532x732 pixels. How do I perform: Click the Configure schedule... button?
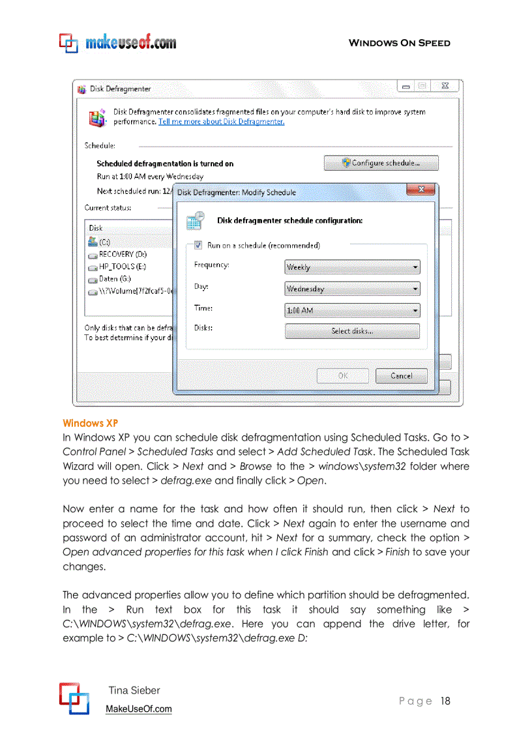(x=381, y=163)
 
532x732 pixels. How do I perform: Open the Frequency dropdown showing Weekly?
(x=352, y=267)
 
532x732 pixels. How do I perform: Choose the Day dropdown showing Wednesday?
(x=352, y=289)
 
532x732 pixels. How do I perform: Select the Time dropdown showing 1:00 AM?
(x=352, y=311)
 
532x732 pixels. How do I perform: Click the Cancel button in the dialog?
(x=401, y=376)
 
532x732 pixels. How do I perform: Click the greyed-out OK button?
(x=343, y=376)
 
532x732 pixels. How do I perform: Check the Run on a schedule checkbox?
(x=198, y=246)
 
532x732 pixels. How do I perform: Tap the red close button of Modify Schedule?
(x=421, y=190)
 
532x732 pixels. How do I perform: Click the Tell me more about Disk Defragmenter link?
(x=221, y=121)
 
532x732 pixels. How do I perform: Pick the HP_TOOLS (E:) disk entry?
(x=117, y=267)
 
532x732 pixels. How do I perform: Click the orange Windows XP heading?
(x=90, y=424)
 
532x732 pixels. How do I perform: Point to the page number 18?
(x=445, y=701)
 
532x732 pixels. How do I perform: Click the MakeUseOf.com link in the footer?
(x=139, y=709)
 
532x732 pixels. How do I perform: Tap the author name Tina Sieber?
(x=134, y=690)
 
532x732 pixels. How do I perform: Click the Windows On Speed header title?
(x=399, y=43)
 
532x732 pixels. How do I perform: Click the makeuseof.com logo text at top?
(x=130, y=43)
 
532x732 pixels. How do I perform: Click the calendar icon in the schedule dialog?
(x=196, y=220)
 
